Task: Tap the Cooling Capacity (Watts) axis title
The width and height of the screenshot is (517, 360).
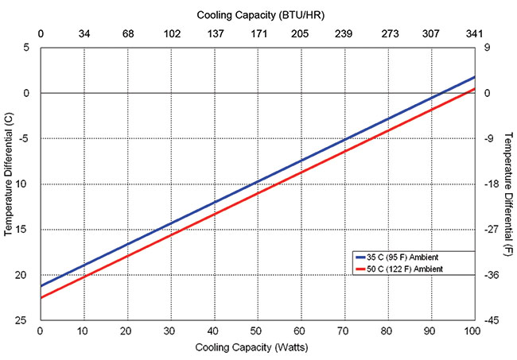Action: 257,348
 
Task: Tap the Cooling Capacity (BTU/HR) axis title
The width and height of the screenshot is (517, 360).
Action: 257,14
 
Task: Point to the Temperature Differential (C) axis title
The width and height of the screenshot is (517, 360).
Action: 9,184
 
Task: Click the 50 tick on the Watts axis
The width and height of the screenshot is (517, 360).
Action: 257,330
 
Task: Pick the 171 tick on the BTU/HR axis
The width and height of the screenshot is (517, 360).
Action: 257,35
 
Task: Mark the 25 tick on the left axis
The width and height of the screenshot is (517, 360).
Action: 26,320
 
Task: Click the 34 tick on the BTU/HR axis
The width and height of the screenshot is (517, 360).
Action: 84,35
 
